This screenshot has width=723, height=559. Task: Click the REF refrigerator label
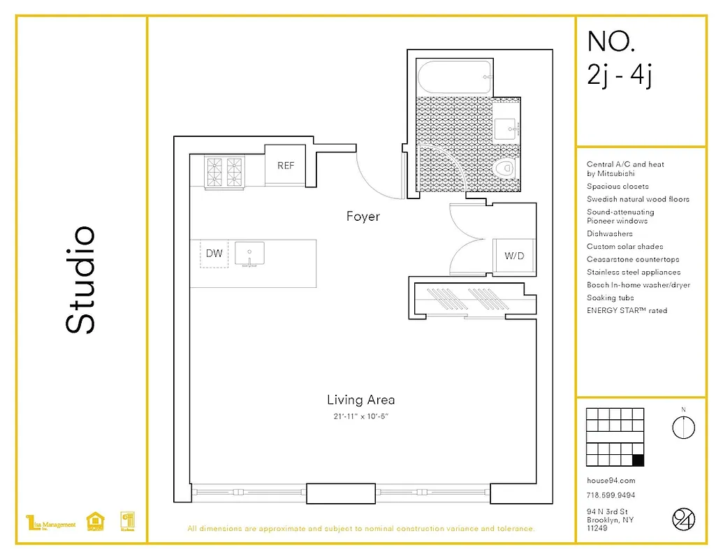tap(286, 166)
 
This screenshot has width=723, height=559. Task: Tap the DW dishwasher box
tap(214, 253)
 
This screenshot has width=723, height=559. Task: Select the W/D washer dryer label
tap(514, 256)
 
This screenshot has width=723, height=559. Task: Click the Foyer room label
tap(363, 217)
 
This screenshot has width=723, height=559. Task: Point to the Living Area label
tap(360, 400)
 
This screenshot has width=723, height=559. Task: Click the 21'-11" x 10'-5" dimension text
tap(360, 416)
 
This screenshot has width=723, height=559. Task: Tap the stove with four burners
tap(225, 171)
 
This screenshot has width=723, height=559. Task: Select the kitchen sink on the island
tap(249, 253)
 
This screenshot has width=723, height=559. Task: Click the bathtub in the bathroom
tap(453, 77)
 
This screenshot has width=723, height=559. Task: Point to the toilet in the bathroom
tap(504, 169)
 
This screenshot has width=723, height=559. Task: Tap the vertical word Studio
tap(80, 279)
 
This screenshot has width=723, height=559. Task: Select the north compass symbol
tap(683, 426)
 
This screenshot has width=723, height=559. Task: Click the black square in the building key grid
tap(637, 460)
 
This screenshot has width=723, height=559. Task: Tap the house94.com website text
tap(611, 481)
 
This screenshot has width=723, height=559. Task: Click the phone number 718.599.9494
tap(611, 495)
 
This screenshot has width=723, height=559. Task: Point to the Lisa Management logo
tap(50, 523)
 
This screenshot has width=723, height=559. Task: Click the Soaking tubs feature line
tap(611, 298)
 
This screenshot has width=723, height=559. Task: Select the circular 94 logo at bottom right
tap(683, 519)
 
